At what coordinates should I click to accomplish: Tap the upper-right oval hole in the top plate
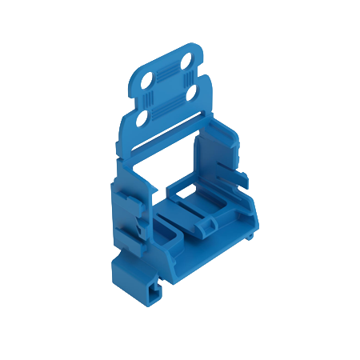[x=186, y=62]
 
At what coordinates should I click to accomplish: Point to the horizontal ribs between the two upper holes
[x=166, y=71]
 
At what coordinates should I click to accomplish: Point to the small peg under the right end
[x=250, y=236]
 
